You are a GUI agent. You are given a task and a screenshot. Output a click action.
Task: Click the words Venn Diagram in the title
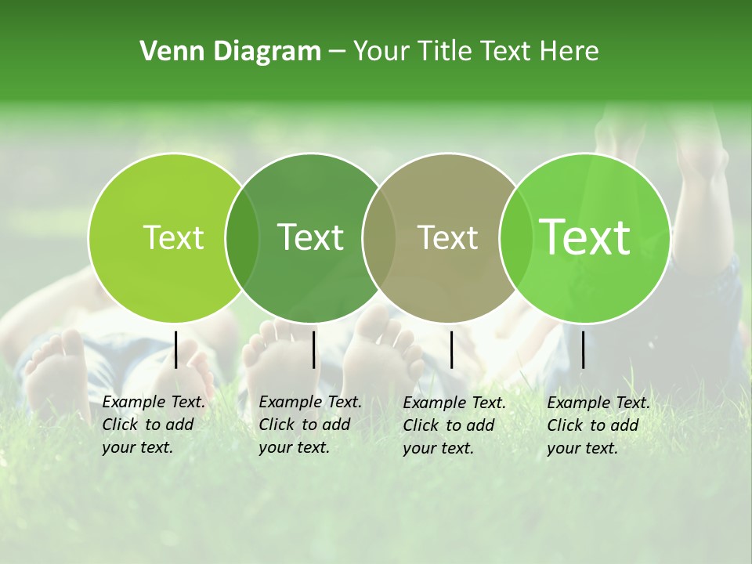tap(230, 52)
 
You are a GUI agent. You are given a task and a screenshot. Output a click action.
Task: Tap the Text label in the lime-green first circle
tap(173, 238)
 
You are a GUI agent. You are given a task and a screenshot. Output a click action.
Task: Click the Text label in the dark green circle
tap(311, 237)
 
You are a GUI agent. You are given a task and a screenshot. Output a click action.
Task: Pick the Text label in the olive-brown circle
tap(447, 238)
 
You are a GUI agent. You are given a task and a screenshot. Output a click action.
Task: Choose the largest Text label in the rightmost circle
tap(585, 237)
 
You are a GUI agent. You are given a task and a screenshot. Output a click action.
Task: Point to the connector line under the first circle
tap(176, 349)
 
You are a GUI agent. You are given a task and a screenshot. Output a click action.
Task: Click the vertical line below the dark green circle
tap(313, 349)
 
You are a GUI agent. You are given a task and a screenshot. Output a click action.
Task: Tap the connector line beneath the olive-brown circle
tap(452, 349)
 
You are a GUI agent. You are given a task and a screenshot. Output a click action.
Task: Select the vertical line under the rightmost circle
tap(584, 349)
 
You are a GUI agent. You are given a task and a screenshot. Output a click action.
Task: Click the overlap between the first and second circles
tap(242, 238)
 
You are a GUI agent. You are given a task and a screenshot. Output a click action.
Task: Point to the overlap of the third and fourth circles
tap(514, 238)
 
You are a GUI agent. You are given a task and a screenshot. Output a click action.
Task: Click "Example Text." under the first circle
tap(154, 402)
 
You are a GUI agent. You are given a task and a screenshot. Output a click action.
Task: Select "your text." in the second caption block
tap(294, 447)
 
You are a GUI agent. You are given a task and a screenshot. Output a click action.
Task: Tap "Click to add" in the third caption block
tap(449, 425)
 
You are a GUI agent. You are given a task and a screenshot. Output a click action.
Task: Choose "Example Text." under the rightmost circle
tap(598, 403)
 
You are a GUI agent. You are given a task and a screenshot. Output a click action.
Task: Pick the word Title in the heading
tap(449, 52)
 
